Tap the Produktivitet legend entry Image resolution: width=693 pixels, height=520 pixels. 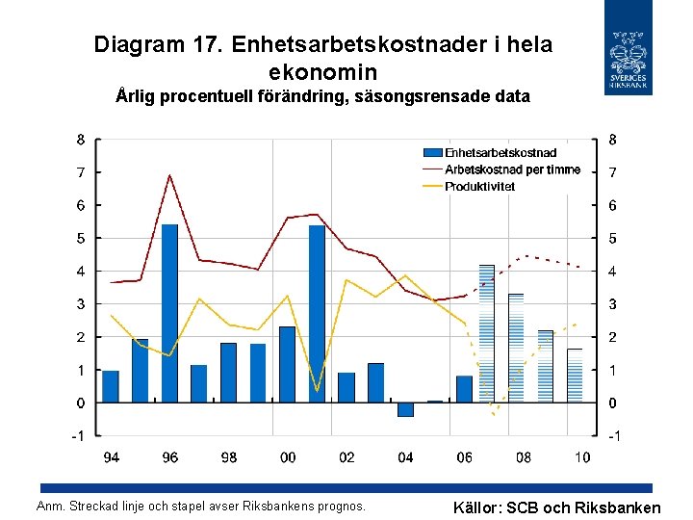(479, 186)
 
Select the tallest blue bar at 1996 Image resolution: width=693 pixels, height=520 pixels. (169, 313)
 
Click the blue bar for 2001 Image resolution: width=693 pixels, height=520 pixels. (317, 313)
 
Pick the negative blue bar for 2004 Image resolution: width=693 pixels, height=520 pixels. (405, 409)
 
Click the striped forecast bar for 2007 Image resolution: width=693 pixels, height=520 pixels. (486, 333)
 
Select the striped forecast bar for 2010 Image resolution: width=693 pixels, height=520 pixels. (575, 376)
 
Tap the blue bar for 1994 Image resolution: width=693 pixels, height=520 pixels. (111, 386)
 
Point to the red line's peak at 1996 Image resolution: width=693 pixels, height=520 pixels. (169, 175)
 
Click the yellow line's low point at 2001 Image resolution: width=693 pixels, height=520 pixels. (317, 391)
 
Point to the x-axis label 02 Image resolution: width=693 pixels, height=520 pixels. (346, 457)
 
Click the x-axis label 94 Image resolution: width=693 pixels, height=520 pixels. (112, 457)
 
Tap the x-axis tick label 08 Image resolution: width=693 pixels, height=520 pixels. (524, 457)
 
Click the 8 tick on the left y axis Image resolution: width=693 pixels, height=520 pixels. (81, 139)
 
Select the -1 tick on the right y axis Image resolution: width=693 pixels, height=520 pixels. (611, 436)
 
